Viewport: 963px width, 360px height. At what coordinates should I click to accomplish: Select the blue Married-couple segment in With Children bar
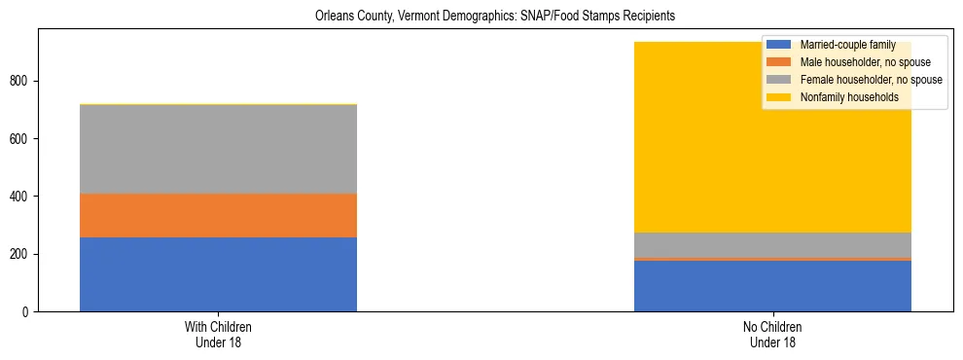[x=218, y=274]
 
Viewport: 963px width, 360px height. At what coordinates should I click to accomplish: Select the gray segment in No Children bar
[x=772, y=245]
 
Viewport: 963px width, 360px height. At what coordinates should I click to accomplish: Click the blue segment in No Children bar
[x=772, y=286]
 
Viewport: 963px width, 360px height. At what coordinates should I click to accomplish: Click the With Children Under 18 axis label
[x=218, y=335]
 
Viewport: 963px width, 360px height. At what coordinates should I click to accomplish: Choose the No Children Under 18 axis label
[x=772, y=335]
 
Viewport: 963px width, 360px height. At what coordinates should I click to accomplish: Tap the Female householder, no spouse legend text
[x=870, y=80]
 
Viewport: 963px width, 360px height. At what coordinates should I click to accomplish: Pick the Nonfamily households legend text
[x=847, y=97]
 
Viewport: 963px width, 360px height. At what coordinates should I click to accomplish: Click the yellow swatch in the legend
[x=779, y=97]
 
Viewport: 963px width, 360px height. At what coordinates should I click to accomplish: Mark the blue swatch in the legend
[x=779, y=45]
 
